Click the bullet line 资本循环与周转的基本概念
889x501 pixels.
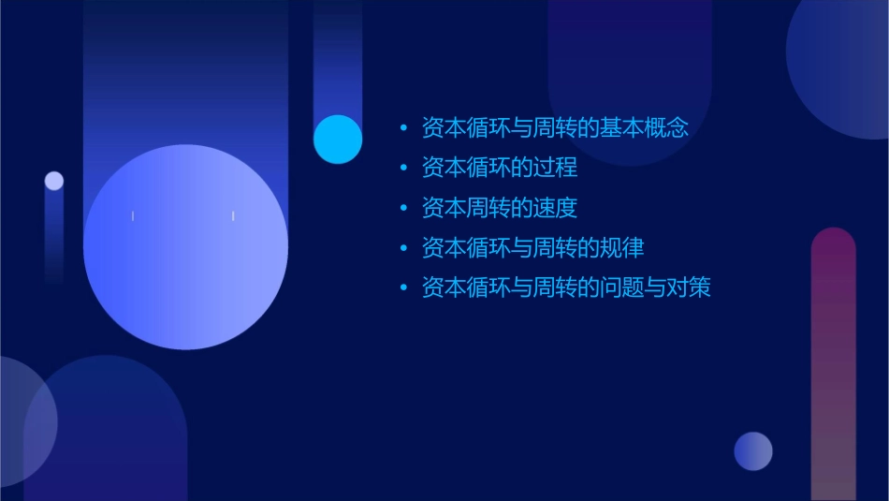[x=555, y=127]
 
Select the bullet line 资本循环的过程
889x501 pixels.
[x=500, y=168]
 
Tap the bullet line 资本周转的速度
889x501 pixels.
[x=500, y=208]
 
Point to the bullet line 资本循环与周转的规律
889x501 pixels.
[x=532, y=248]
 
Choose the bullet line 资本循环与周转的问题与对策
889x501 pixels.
[x=566, y=287]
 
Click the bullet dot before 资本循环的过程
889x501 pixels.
[x=403, y=169]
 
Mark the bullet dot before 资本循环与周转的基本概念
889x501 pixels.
[x=403, y=128]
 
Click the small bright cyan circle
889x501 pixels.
[x=338, y=139]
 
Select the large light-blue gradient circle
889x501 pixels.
[x=185, y=247]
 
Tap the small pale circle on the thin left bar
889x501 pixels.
[x=54, y=181]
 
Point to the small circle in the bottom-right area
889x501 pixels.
[x=753, y=451]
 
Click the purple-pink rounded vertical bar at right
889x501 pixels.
[x=833, y=365]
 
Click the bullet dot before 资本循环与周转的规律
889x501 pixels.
[x=403, y=249]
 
